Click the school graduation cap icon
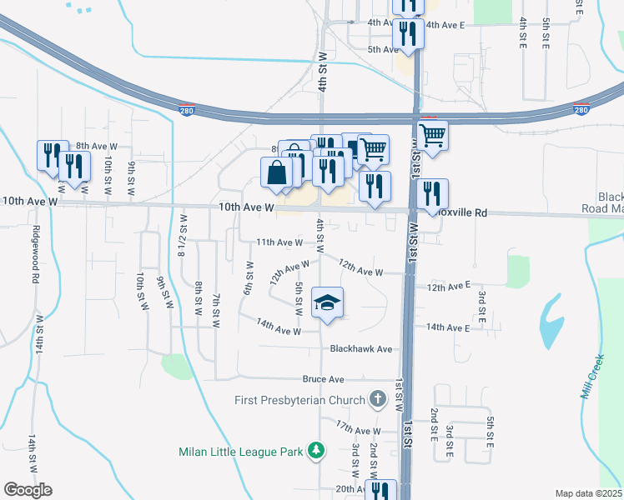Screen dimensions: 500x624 tap(328, 302)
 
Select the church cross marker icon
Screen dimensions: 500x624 tap(377, 399)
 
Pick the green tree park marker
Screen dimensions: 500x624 tap(316, 451)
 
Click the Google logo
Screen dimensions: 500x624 tap(28, 490)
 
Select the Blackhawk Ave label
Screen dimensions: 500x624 tap(360, 348)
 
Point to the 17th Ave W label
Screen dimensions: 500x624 tap(358, 430)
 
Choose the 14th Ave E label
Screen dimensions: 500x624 tap(448, 328)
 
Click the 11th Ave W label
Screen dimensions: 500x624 tap(279, 242)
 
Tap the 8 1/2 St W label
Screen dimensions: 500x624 tap(180, 236)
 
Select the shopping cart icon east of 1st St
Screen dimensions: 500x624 tap(433, 136)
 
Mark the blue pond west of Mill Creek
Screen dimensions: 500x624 tap(551, 324)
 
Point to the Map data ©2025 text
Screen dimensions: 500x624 tap(587, 493)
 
